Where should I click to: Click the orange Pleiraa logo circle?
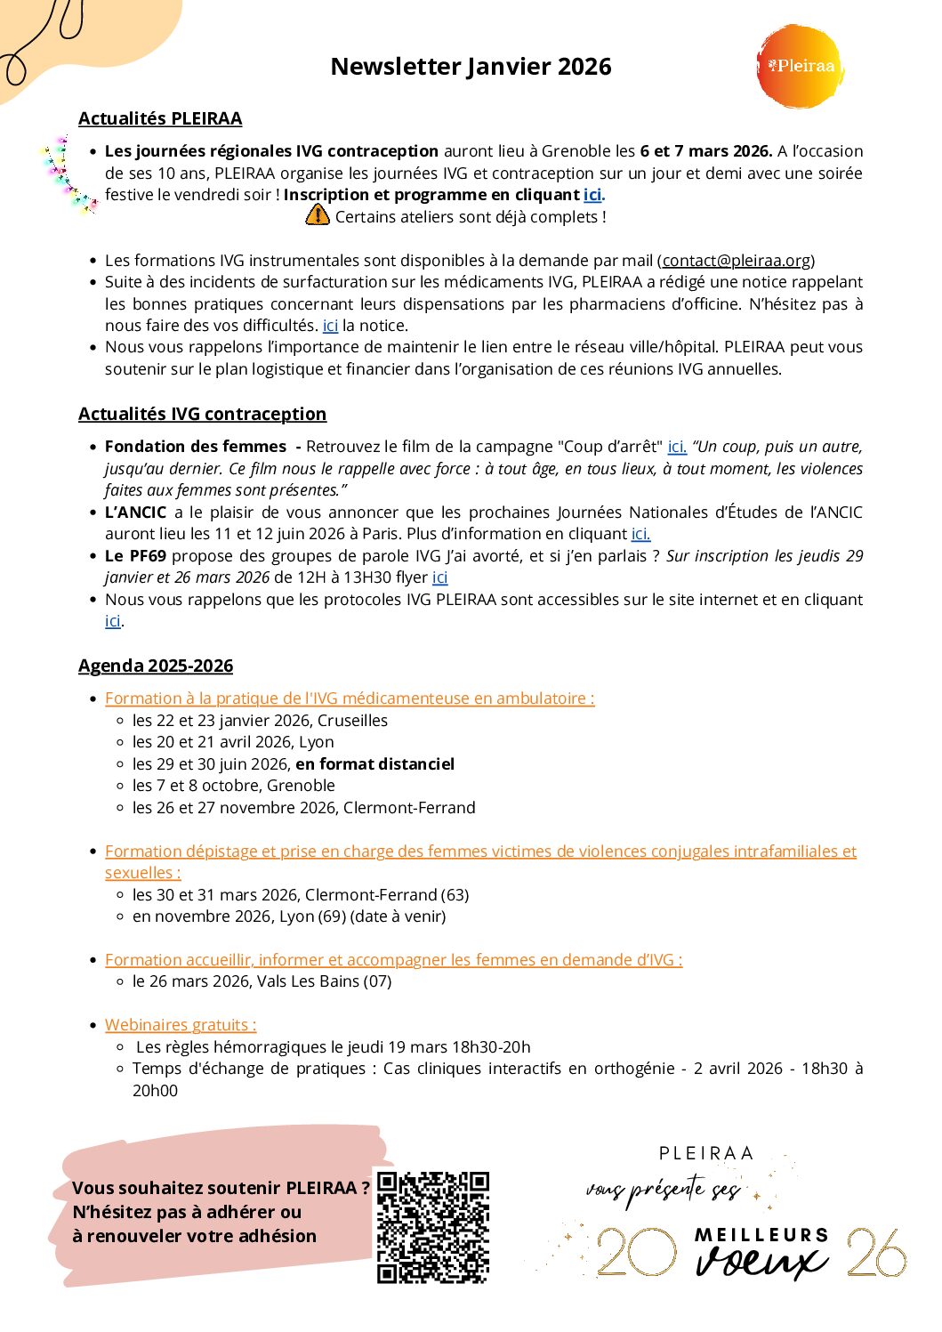pos(799,67)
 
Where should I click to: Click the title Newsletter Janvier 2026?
pos(471,67)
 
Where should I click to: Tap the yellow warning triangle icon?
pos(317,215)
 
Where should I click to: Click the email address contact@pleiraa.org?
pos(736,261)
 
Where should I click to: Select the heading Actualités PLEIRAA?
pos(160,119)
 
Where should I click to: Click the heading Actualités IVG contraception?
pos(202,414)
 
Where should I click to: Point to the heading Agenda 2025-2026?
pos(156,666)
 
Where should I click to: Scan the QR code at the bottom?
pos(433,1227)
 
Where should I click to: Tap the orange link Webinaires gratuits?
pos(181,1025)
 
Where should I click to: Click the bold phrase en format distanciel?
pos(374,764)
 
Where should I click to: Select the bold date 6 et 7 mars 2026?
pos(705,151)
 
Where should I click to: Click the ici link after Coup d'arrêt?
pos(677,447)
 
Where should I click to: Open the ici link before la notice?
pos(330,326)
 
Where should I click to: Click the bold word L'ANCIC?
pos(135,513)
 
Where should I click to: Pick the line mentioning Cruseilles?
pos(260,721)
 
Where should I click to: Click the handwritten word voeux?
pos(761,1261)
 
